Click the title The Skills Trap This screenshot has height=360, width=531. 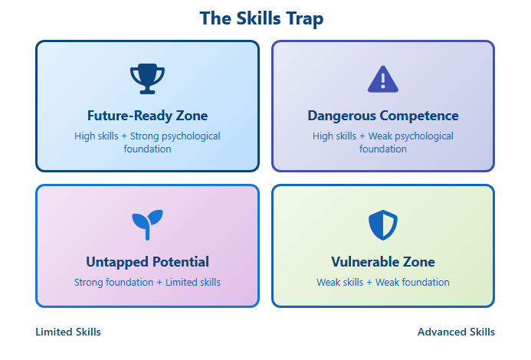[x=261, y=18]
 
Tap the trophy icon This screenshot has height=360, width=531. [x=147, y=79]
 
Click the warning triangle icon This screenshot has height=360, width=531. [x=383, y=79]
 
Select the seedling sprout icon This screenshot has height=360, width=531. [x=147, y=225]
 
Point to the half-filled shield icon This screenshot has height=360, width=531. [x=383, y=225]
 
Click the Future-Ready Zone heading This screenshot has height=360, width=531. [x=147, y=116]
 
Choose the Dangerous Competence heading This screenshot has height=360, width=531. [x=383, y=116]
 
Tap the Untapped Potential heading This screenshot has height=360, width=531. [x=147, y=262]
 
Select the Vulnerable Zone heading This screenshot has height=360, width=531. [x=383, y=262]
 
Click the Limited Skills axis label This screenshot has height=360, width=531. [x=68, y=332]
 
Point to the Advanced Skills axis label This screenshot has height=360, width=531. [x=456, y=332]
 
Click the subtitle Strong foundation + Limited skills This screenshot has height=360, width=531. [x=147, y=283]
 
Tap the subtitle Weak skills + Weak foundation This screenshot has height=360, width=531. [x=383, y=283]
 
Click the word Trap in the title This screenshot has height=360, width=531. [x=305, y=19]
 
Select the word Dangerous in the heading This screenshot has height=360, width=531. [x=342, y=116]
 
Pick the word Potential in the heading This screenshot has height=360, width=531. [x=181, y=262]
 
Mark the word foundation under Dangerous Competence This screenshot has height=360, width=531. [x=383, y=149]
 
